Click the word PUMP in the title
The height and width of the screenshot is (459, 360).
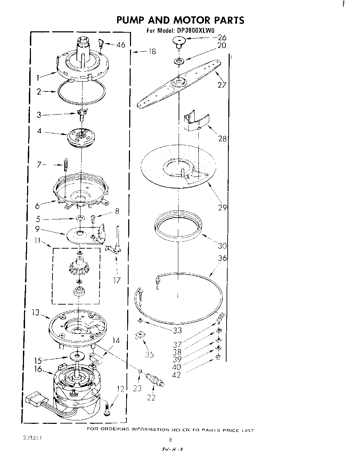[x=134, y=20]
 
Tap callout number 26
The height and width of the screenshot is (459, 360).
[x=222, y=38]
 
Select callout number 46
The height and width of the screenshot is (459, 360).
[x=121, y=45]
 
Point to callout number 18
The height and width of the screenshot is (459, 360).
[x=152, y=51]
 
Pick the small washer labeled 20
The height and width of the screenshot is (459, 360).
[x=179, y=62]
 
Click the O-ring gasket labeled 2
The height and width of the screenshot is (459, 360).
[x=82, y=92]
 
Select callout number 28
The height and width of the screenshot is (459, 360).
[x=222, y=139]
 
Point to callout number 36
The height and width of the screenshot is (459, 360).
[x=222, y=258]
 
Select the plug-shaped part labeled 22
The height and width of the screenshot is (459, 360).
[x=155, y=379]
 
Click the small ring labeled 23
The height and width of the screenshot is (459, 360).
[x=140, y=371]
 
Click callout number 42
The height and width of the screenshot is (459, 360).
[x=177, y=375]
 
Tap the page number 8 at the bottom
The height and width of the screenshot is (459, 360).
[x=170, y=440]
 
